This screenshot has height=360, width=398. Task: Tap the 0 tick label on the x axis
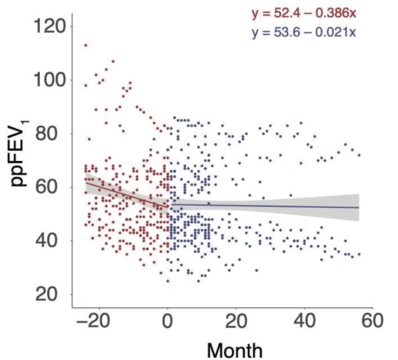click(x=168, y=322)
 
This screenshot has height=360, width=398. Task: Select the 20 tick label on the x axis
click(x=236, y=322)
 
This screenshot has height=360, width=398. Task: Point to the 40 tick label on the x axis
click(x=304, y=322)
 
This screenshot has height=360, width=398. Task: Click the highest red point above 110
click(x=86, y=45)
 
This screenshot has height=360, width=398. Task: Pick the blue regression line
click(x=265, y=206)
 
